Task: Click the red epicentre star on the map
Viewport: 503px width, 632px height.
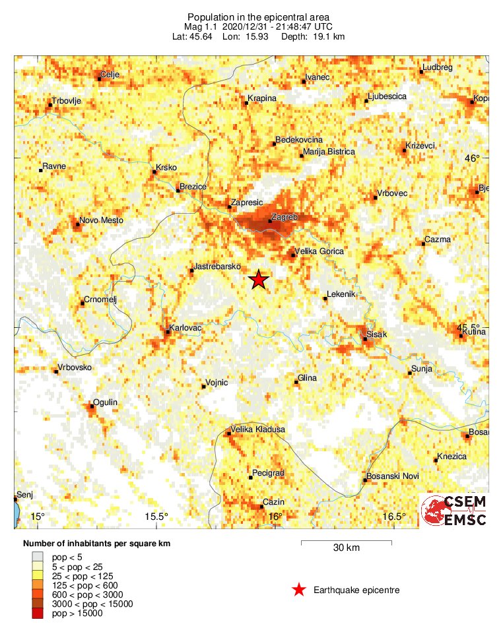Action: click(x=259, y=280)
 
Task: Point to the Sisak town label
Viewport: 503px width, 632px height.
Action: click(x=378, y=335)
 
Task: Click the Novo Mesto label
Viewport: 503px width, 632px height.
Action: click(x=101, y=220)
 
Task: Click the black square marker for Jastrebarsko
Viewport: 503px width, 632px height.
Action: click(x=191, y=270)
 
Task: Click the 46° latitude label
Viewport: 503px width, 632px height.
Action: click(x=473, y=158)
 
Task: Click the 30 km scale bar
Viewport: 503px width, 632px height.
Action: click(x=347, y=542)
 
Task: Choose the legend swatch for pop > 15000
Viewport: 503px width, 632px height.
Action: click(x=41, y=614)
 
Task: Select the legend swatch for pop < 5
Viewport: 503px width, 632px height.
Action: click(x=41, y=558)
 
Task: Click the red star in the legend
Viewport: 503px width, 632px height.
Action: click(x=299, y=590)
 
